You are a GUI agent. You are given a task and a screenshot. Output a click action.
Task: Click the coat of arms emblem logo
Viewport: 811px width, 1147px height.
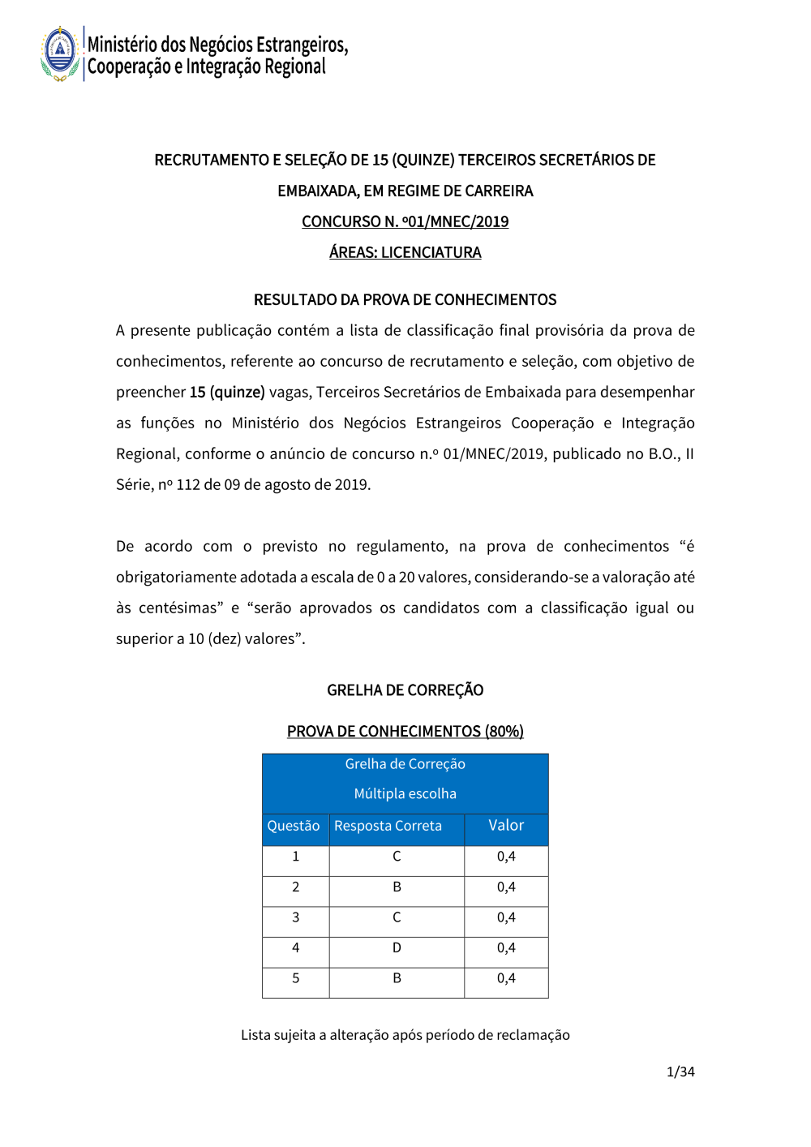pyautogui.click(x=60, y=54)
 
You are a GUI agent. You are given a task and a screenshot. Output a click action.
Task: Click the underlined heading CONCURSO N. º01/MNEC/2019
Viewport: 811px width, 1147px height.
pyautogui.click(x=405, y=221)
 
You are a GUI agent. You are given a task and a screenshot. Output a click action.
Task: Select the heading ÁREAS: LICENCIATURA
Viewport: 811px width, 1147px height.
pyautogui.click(x=405, y=252)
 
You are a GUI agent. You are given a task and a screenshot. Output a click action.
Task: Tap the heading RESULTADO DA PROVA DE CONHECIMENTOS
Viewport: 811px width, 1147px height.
pyautogui.click(x=405, y=299)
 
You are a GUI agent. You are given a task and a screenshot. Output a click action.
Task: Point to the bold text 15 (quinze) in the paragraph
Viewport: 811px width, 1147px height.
pyautogui.click(x=227, y=392)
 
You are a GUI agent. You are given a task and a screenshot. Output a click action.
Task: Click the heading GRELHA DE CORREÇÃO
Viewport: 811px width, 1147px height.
pyautogui.click(x=405, y=690)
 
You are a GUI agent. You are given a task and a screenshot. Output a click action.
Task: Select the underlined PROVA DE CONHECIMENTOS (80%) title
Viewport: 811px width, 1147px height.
pyautogui.click(x=405, y=731)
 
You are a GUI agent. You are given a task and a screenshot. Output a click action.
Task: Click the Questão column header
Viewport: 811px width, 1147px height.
pyautogui.click(x=294, y=826)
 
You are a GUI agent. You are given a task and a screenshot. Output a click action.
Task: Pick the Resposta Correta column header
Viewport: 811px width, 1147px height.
pyautogui.click(x=388, y=826)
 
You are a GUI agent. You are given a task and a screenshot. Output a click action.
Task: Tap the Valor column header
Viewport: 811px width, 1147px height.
pyautogui.click(x=506, y=825)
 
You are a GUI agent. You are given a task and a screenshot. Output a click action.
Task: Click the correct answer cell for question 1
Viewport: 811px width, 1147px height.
pyautogui.click(x=397, y=857)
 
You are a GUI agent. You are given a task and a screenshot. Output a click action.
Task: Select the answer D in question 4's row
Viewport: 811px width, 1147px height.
pyautogui.click(x=397, y=947)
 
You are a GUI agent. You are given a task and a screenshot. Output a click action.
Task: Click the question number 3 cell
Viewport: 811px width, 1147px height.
pyautogui.click(x=295, y=917)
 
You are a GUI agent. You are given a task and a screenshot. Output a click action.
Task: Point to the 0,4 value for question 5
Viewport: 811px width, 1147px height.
pyautogui.click(x=506, y=978)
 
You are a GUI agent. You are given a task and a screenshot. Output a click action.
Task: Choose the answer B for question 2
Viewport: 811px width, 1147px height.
pyautogui.click(x=397, y=887)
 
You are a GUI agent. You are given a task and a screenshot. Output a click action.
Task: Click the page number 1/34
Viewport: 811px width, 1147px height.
pyautogui.click(x=680, y=1072)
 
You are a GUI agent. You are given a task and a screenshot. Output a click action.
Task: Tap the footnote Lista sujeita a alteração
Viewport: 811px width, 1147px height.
pyautogui.click(x=405, y=1035)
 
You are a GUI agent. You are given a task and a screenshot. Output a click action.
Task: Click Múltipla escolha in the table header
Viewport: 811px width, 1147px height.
pyautogui.click(x=405, y=793)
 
